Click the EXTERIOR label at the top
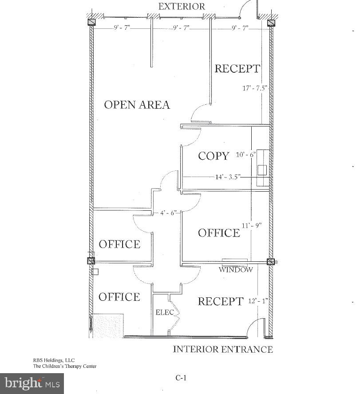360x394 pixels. click(182, 6)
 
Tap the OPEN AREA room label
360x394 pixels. click(137, 105)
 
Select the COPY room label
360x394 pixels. click(214, 156)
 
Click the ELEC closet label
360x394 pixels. click(164, 312)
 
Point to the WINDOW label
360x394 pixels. click(236, 270)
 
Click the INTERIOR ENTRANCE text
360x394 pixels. click(222, 349)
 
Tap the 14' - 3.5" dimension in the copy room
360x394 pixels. click(228, 177)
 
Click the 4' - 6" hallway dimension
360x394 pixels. click(169, 213)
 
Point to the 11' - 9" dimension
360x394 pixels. click(251, 225)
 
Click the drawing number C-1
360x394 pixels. click(180, 378)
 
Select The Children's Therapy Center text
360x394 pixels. click(64, 366)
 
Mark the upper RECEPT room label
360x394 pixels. click(237, 69)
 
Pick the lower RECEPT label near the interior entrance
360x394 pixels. click(220, 302)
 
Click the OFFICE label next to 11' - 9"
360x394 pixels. click(219, 233)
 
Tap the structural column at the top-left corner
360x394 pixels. click(91, 22)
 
